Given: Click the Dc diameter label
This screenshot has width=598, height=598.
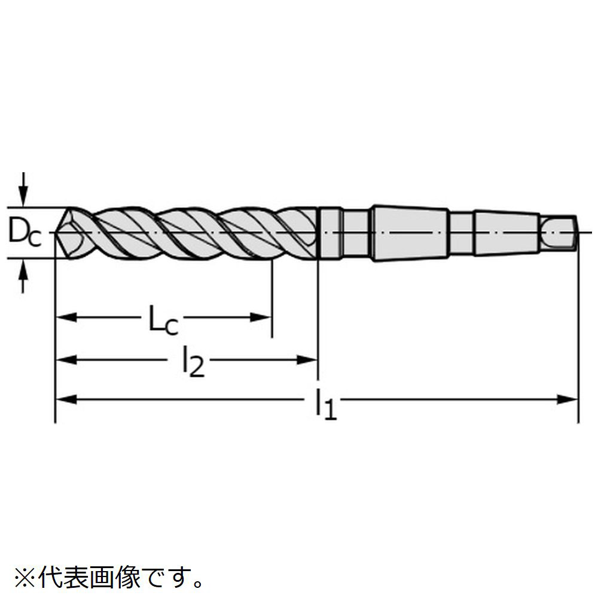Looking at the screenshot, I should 25,233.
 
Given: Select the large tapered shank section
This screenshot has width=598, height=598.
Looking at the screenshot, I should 410,232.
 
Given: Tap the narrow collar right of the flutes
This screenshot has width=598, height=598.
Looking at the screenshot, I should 329,233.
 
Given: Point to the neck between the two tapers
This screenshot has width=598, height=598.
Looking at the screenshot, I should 461,232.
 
